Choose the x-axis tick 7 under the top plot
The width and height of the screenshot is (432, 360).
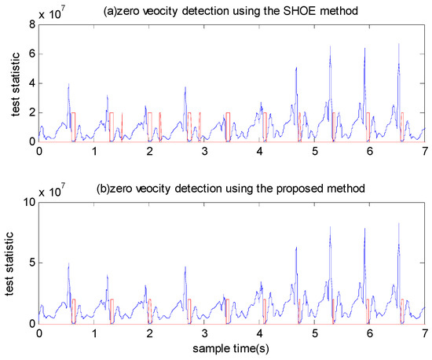424,152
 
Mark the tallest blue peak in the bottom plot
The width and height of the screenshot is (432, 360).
398,224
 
